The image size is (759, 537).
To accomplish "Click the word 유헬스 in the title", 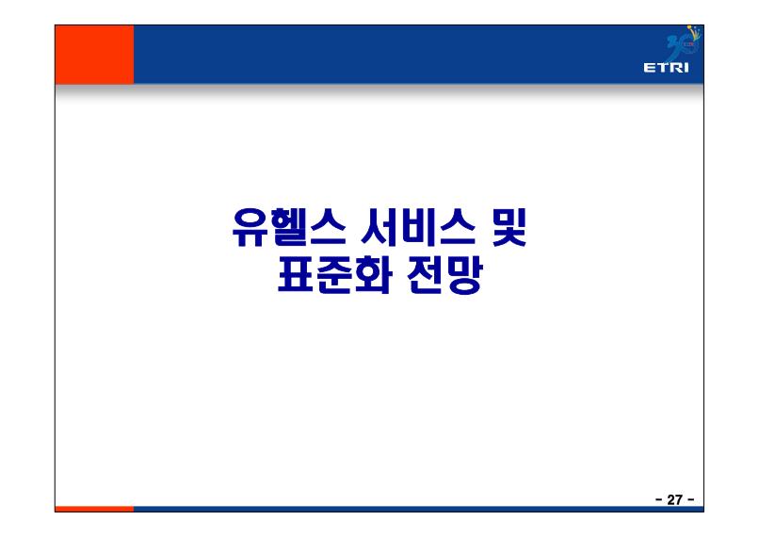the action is point(289,228).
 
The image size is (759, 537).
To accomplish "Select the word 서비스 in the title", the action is point(418,228).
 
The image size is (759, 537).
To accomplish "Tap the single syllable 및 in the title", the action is point(509,228).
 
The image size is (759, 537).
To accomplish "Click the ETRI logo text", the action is point(666,67).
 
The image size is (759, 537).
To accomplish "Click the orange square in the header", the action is point(94,55).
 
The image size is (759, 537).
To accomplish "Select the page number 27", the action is point(674,499).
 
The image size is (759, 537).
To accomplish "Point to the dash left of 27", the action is point(659,499).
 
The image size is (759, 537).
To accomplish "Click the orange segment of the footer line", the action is point(94,509).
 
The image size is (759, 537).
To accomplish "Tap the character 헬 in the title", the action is point(289,228).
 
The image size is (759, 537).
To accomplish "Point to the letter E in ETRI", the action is point(649,67).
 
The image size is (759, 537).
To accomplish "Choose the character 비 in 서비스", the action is point(418,228).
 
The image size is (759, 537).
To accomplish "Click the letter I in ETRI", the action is point(686,67).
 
